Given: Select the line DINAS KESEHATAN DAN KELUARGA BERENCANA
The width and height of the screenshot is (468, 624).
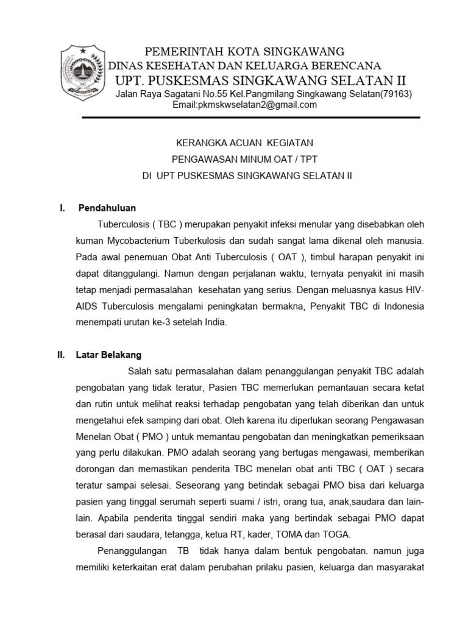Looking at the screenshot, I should pos(244,66).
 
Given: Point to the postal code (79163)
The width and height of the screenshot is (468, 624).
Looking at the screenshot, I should pos(395,94).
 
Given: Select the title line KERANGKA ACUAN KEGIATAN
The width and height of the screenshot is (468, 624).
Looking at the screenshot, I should pos(243,143).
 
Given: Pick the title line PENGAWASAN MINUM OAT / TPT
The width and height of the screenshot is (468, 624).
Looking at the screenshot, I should pos(243,159).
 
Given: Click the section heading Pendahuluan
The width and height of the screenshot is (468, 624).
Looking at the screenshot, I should pos(107,208).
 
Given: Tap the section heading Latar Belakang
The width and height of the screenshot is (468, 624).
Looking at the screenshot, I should pos(108,355).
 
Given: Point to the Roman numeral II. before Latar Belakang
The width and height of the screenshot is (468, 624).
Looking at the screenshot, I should pos(61,355).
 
